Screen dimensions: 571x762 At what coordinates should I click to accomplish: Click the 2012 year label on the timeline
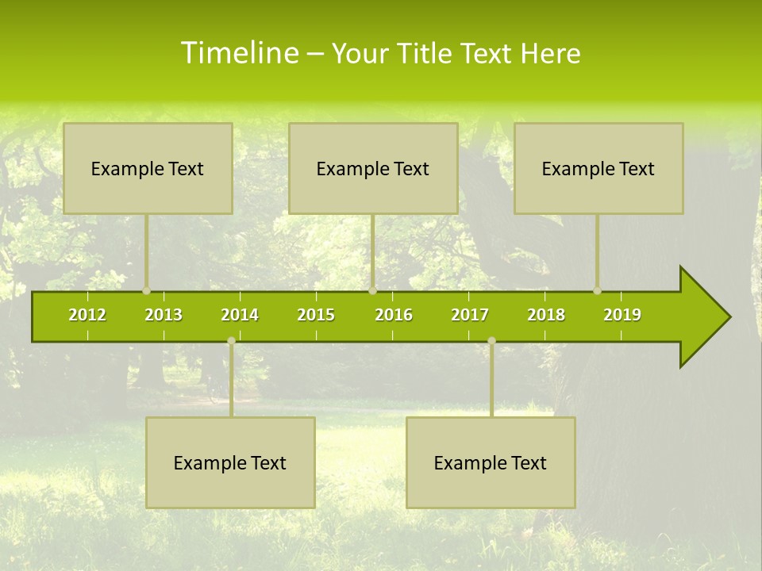point(87,315)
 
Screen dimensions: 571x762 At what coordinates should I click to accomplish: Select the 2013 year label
point(164,315)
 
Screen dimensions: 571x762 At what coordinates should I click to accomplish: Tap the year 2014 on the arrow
point(240,315)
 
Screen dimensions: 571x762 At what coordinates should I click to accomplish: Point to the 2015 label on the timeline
point(316,315)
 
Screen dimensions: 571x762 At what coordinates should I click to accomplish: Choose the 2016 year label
point(394,315)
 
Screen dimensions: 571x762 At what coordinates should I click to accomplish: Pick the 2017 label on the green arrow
point(470,315)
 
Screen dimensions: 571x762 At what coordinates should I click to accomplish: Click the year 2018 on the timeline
point(546,315)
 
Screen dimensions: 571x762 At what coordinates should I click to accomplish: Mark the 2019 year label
point(622,315)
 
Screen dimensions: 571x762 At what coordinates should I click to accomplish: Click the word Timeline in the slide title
point(238,53)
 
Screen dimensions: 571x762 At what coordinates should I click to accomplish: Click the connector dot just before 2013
point(146,290)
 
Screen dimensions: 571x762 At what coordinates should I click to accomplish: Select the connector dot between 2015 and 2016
point(372,290)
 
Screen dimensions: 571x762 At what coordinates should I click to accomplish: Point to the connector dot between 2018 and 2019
point(597,290)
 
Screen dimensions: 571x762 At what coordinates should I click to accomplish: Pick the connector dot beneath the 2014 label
point(231,341)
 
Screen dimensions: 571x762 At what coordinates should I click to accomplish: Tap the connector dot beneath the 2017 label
point(491,341)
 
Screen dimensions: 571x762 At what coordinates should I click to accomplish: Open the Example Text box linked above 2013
point(148,168)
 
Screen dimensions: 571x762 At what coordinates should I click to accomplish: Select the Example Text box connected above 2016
point(373,168)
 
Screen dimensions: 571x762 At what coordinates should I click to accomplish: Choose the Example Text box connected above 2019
point(598,168)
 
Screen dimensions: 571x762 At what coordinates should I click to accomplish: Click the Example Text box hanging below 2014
point(230,462)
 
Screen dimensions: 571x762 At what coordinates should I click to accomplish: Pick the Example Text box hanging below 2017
point(491,462)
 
